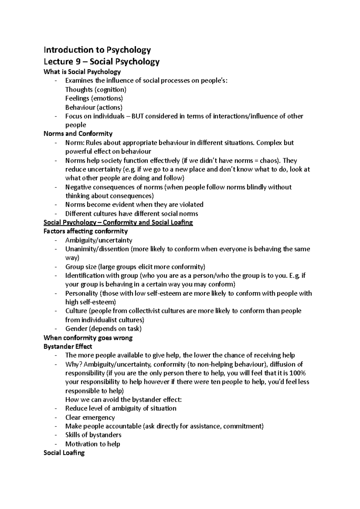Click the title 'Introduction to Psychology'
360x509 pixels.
(97, 50)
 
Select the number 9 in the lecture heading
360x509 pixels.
(70, 62)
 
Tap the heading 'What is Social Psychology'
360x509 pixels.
(82, 72)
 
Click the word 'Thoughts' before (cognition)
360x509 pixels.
(79, 90)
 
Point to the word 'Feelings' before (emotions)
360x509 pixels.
(77, 98)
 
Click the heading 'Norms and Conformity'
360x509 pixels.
(78, 134)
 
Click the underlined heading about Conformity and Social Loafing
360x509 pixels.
(118, 222)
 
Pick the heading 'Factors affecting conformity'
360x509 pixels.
(85, 231)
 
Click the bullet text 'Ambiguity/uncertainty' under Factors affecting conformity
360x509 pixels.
(99, 240)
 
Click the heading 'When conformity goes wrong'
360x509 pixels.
(88, 338)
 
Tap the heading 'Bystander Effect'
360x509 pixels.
(68, 347)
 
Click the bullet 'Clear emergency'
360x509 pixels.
(90, 417)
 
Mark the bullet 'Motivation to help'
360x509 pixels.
(93, 444)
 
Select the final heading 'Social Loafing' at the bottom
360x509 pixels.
(64, 453)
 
